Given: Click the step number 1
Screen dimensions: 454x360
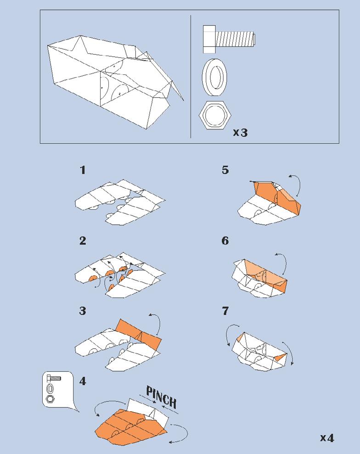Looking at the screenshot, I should [x=83, y=170].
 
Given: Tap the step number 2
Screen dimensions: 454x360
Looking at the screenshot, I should [x=83, y=241].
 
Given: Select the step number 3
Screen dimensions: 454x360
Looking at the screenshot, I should [x=83, y=311].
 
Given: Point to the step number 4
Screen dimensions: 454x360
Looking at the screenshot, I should [x=83, y=381].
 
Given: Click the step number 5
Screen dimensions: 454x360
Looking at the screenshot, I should [x=225, y=170].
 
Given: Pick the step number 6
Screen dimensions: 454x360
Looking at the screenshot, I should [x=225, y=241].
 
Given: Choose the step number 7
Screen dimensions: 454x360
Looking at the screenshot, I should [x=225, y=311].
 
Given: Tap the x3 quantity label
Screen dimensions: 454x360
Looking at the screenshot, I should [x=240, y=133].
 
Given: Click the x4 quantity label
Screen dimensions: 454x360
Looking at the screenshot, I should [x=327, y=437].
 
